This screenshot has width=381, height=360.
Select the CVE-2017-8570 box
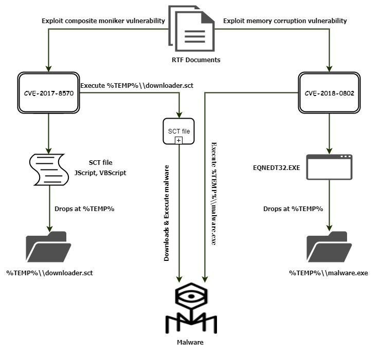(x=49, y=93)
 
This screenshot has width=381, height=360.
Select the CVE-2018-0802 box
(x=329, y=93)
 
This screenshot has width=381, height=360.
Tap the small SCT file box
(x=178, y=131)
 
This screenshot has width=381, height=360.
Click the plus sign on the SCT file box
(x=178, y=140)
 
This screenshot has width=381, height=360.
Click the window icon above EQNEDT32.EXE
(x=329, y=166)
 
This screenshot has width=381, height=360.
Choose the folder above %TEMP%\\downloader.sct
(x=49, y=248)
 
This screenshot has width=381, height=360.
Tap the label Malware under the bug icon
(x=190, y=342)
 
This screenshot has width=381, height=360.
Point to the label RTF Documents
(x=195, y=60)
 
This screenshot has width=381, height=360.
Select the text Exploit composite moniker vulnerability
(x=103, y=21)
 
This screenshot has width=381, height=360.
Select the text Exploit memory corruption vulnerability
(x=285, y=21)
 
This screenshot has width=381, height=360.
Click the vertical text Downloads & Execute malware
(x=167, y=213)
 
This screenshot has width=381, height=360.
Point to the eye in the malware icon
(x=191, y=297)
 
